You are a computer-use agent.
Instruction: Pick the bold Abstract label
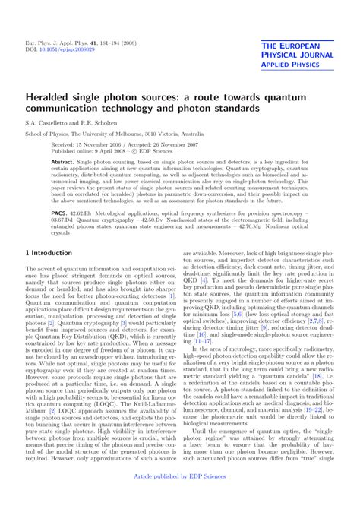coord(63,163)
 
